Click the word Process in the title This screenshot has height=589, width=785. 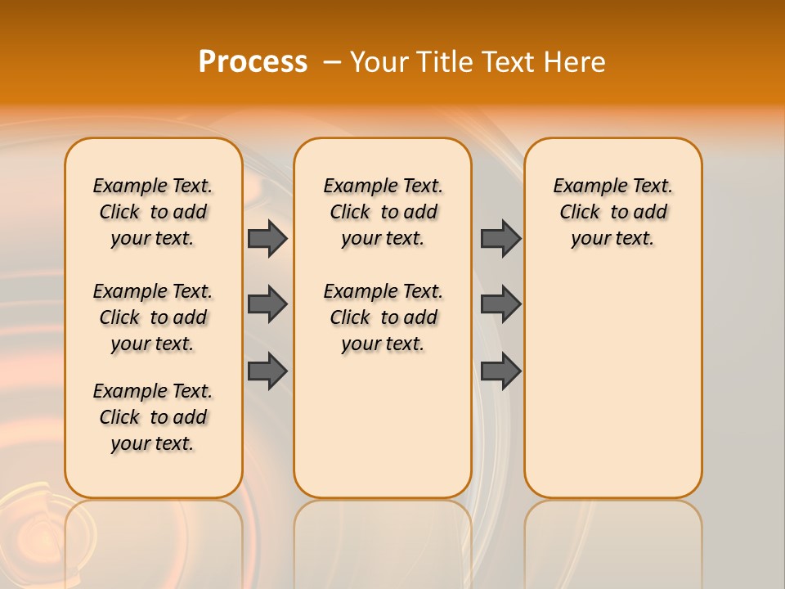[253, 62]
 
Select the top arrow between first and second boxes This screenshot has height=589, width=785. [267, 238]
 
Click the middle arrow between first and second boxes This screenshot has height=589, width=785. [267, 304]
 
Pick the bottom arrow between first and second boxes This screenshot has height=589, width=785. [267, 371]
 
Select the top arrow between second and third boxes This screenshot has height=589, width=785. [500, 238]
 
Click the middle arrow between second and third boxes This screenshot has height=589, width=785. [500, 304]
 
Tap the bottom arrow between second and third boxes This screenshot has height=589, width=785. [500, 371]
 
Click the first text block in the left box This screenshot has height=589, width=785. [153, 212]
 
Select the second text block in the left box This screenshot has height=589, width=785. [153, 317]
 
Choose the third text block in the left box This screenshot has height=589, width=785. [153, 417]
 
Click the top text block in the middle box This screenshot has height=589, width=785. [383, 212]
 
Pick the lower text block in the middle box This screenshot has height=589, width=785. [383, 317]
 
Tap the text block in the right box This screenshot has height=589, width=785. [612, 212]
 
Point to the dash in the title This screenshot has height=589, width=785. [332, 63]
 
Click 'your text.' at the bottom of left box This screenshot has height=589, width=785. [153, 443]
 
